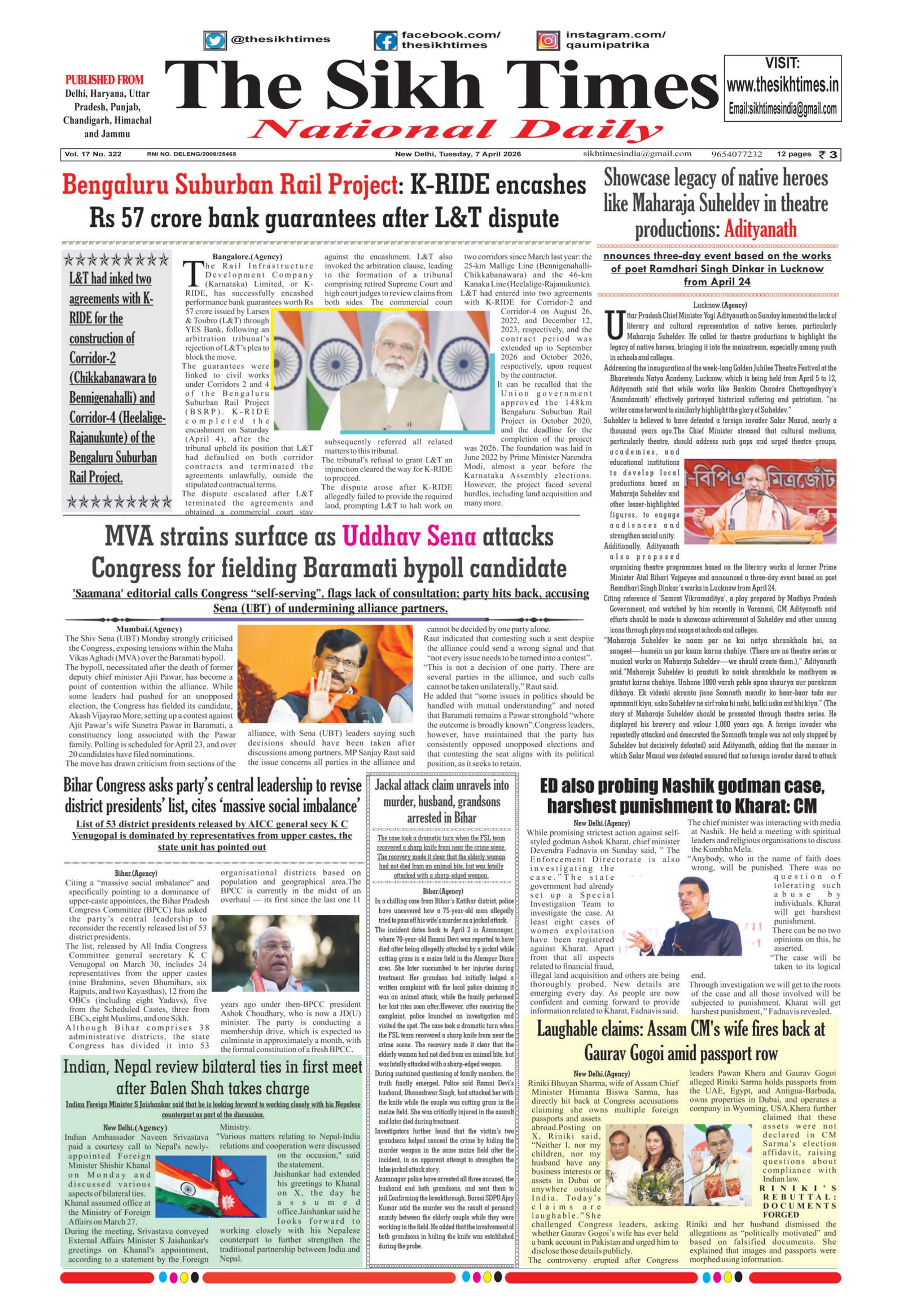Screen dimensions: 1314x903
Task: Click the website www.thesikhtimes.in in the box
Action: pos(782,85)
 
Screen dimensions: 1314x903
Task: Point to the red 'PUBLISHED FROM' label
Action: pos(104,80)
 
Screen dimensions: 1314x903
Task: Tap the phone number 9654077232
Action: pos(737,155)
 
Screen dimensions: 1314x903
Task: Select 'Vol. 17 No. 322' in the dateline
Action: pos(93,155)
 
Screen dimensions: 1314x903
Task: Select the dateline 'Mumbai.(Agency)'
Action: pos(149,629)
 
